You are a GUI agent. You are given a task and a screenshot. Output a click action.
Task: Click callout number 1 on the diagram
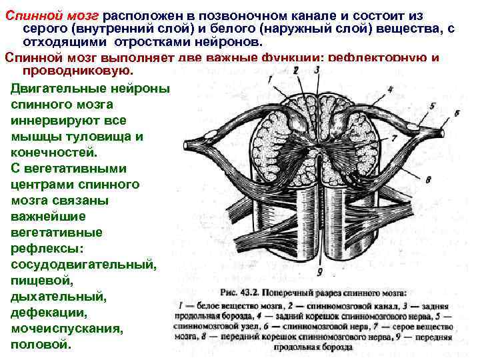click(269, 78)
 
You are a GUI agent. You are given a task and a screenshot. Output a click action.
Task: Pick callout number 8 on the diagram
click(428, 179)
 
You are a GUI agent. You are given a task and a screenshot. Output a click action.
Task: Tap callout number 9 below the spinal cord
click(320, 271)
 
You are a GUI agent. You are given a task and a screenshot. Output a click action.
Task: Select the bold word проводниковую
click(78, 70)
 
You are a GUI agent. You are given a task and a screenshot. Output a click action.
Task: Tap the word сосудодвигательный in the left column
click(84, 265)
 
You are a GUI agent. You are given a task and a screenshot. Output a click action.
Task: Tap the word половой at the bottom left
click(41, 345)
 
